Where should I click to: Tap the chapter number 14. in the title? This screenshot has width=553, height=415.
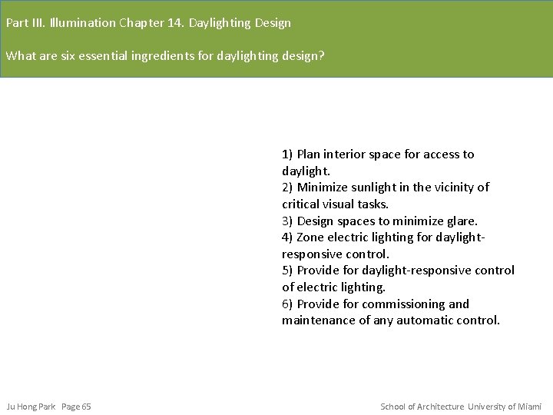coord(174,23)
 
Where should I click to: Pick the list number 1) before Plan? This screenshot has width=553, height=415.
coord(287,154)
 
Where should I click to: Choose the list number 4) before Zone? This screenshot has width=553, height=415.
coord(287,237)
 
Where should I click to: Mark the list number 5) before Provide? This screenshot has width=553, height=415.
coord(287,271)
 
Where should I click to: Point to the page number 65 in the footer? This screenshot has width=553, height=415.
coord(86,407)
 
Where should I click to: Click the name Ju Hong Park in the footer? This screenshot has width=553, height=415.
coord(31,407)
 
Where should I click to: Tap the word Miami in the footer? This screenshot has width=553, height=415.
coord(529,407)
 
